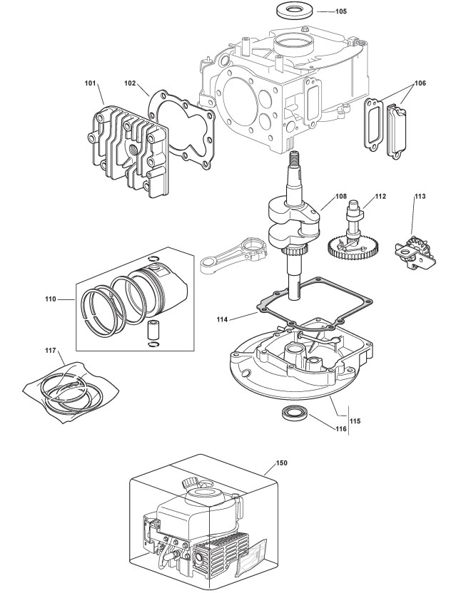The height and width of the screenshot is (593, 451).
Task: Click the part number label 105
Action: [341, 11]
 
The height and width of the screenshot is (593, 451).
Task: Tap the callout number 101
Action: [91, 83]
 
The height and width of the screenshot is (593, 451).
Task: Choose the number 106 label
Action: [420, 83]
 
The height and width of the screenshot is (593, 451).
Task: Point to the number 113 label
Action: [419, 195]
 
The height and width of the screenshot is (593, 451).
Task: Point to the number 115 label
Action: [355, 421]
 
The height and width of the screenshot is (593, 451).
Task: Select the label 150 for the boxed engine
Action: [281, 462]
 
